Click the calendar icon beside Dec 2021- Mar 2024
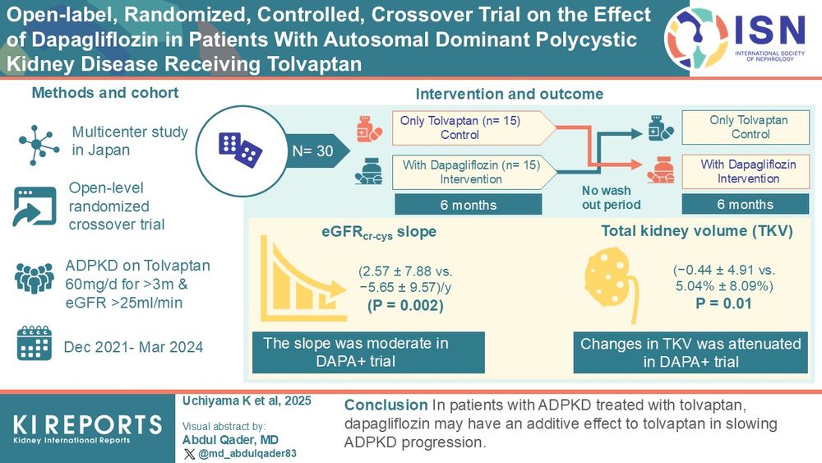pyautogui.click(x=34, y=345)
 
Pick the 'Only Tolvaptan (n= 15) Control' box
pyautogui.click(x=467, y=127)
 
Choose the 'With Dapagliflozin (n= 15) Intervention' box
pyautogui.click(x=467, y=171)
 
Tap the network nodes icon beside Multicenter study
pyautogui.click(x=35, y=141)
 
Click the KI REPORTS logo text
pyautogui.click(x=87, y=424)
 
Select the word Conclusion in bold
pyautogui.click(x=383, y=405)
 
